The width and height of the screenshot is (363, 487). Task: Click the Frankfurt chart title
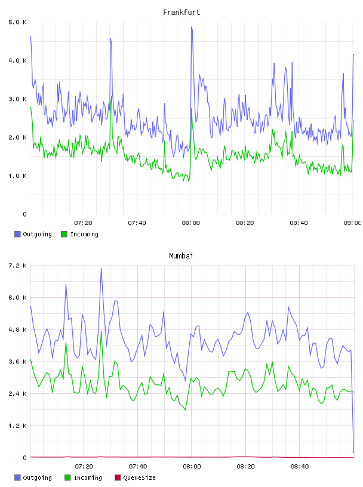[x=181, y=13]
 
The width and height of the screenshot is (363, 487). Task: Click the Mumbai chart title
[x=181, y=256]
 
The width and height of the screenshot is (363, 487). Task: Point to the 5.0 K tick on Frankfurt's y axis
[x=17, y=22]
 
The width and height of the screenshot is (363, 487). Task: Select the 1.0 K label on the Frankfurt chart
[x=17, y=176]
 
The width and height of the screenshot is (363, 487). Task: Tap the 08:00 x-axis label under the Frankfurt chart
[x=191, y=223]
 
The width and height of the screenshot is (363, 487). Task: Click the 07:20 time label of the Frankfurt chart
[x=83, y=223]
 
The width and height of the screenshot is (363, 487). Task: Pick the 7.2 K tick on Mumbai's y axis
[x=17, y=266]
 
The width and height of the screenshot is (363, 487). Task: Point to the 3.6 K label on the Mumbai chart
[x=17, y=362]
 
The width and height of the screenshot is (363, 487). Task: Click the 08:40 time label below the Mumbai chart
[x=300, y=467]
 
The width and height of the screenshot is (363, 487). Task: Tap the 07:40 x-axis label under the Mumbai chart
[x=138, y=467]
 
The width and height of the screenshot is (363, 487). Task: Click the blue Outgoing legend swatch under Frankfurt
[x=17, y=234]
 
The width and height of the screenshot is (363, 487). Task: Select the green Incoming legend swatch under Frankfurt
[x=64, y=234]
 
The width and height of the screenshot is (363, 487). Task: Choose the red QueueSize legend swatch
[x=118, y=477]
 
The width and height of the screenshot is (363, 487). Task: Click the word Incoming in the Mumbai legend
[x=88, y=477]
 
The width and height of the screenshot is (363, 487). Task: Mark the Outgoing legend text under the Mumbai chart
[x=37, y=477]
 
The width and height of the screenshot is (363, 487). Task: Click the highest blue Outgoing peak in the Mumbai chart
[x=101, y=269]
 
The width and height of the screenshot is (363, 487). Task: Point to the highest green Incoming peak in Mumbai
[x=101, y=332]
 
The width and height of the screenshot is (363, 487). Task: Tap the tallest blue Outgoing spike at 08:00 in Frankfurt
[x=192, y=27]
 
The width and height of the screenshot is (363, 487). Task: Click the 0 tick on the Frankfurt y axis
[x=24, y=214]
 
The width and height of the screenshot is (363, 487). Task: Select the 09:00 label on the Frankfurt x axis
[x=352, y=223]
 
